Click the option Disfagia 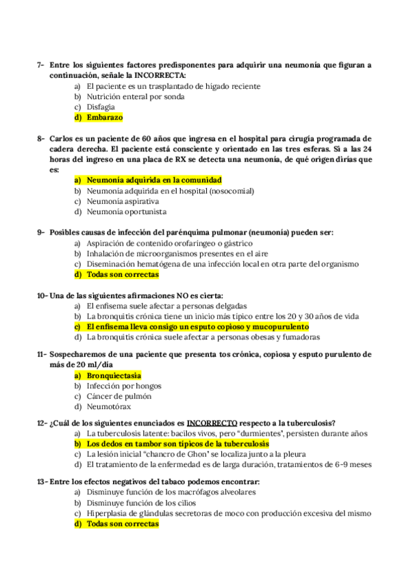coord(101,107)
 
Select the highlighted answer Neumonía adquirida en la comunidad coord(154,181)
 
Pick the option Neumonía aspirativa coord(123,202)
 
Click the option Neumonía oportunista coord(127,212)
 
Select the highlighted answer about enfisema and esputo coord(197,327)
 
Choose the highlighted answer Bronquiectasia coord(114,375)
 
